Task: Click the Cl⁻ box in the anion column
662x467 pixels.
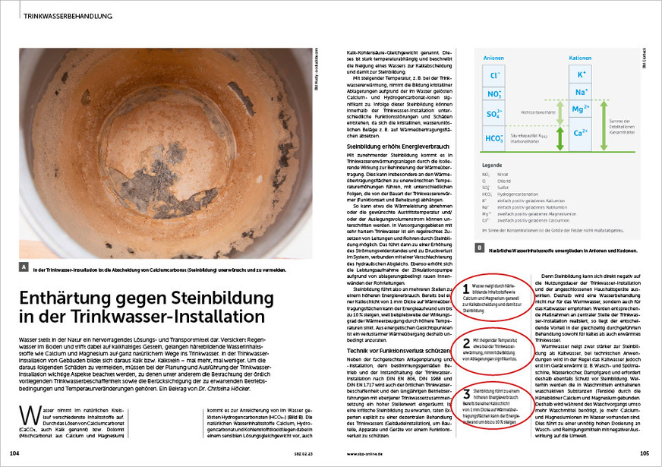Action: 495,75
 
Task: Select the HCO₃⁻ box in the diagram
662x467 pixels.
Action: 495,138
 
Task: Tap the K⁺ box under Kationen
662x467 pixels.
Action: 582,75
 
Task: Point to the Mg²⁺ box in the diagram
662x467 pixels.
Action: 582,109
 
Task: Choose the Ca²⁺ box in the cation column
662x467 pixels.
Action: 582,133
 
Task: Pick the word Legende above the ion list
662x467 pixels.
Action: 493,165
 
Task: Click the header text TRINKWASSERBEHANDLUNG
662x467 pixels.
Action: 68,15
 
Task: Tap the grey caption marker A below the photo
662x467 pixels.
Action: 26,268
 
